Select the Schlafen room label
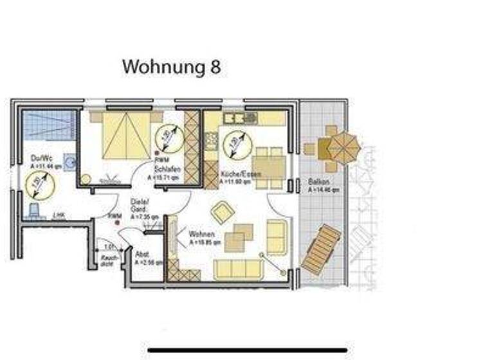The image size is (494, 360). pos(166,168)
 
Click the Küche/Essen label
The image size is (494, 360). pos(235,175)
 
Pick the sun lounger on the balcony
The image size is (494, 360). pos(321,249)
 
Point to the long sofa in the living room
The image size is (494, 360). pos(239,268)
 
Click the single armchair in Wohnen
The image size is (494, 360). pos(223,212)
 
